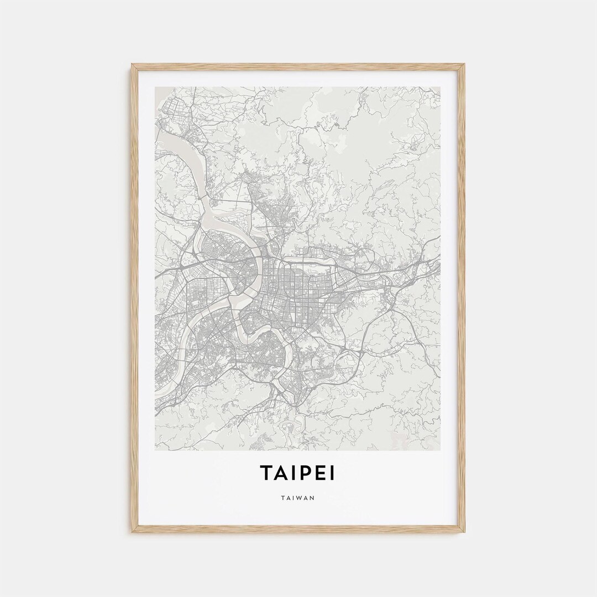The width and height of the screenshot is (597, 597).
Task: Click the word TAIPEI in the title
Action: (298, 474)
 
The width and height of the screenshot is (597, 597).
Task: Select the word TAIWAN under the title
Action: (298, 498)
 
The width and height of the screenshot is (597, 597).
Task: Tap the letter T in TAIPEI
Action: (266, 474)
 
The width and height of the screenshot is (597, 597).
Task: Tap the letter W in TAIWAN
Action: (299, 498)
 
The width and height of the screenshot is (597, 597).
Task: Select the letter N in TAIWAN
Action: (312, 498)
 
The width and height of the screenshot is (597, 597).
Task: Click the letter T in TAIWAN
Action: (284, 498)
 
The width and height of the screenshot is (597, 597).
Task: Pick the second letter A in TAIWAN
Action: (306, 498)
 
